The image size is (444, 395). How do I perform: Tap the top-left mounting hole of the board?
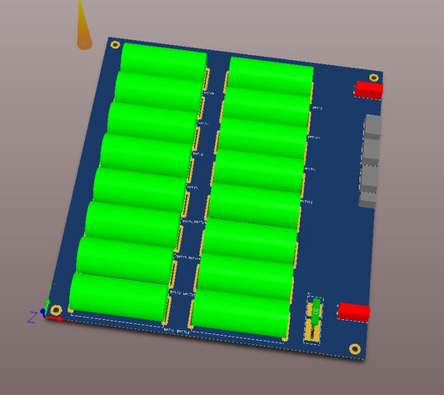click(x=115, y=46)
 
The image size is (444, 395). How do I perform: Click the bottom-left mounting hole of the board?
click(x=56, y=310)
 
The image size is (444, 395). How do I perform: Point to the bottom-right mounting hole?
click(x=355, y=348)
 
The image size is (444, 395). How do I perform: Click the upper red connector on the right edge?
click(x=368, y=87)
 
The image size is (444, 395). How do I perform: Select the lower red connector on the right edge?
click(x=353, y=312)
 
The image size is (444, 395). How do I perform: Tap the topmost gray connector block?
click(x=373, y=127)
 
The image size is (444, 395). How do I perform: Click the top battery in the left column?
click(x=163, y=58)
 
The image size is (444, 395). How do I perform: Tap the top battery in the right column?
click(x=271, y=72)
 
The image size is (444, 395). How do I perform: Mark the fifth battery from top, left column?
click(x=137, y=186)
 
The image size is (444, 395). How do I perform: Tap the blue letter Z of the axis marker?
click(x=32, y=317)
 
